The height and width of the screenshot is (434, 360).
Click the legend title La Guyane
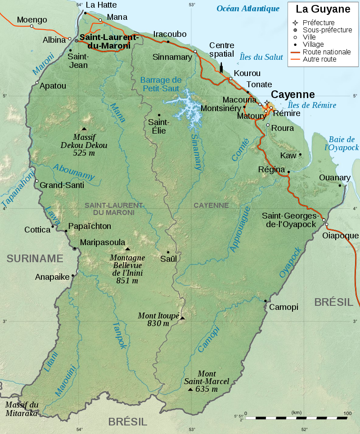point(323,9)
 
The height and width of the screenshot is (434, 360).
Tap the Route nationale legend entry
point(326,52)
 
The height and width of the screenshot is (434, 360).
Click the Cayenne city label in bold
point(292,94)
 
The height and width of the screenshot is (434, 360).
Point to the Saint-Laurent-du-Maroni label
point(105,41)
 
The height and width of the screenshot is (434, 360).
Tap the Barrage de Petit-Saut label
point(161,84)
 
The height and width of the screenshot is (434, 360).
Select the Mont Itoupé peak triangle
point(182,318)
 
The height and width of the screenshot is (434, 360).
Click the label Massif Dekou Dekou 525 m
point(84,145)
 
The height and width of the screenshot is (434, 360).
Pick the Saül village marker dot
point(168,252)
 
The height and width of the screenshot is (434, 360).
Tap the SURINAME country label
point(35,258)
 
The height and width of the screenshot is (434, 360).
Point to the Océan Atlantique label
point(248,8)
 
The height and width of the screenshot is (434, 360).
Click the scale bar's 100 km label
point(347,413)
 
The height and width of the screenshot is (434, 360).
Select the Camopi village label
point(283,307)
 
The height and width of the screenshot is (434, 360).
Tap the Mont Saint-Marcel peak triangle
point(190,389)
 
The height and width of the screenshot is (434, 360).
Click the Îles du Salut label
point(261,57)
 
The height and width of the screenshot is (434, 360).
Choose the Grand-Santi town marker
point(37,181)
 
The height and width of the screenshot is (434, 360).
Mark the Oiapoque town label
point(341,236)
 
